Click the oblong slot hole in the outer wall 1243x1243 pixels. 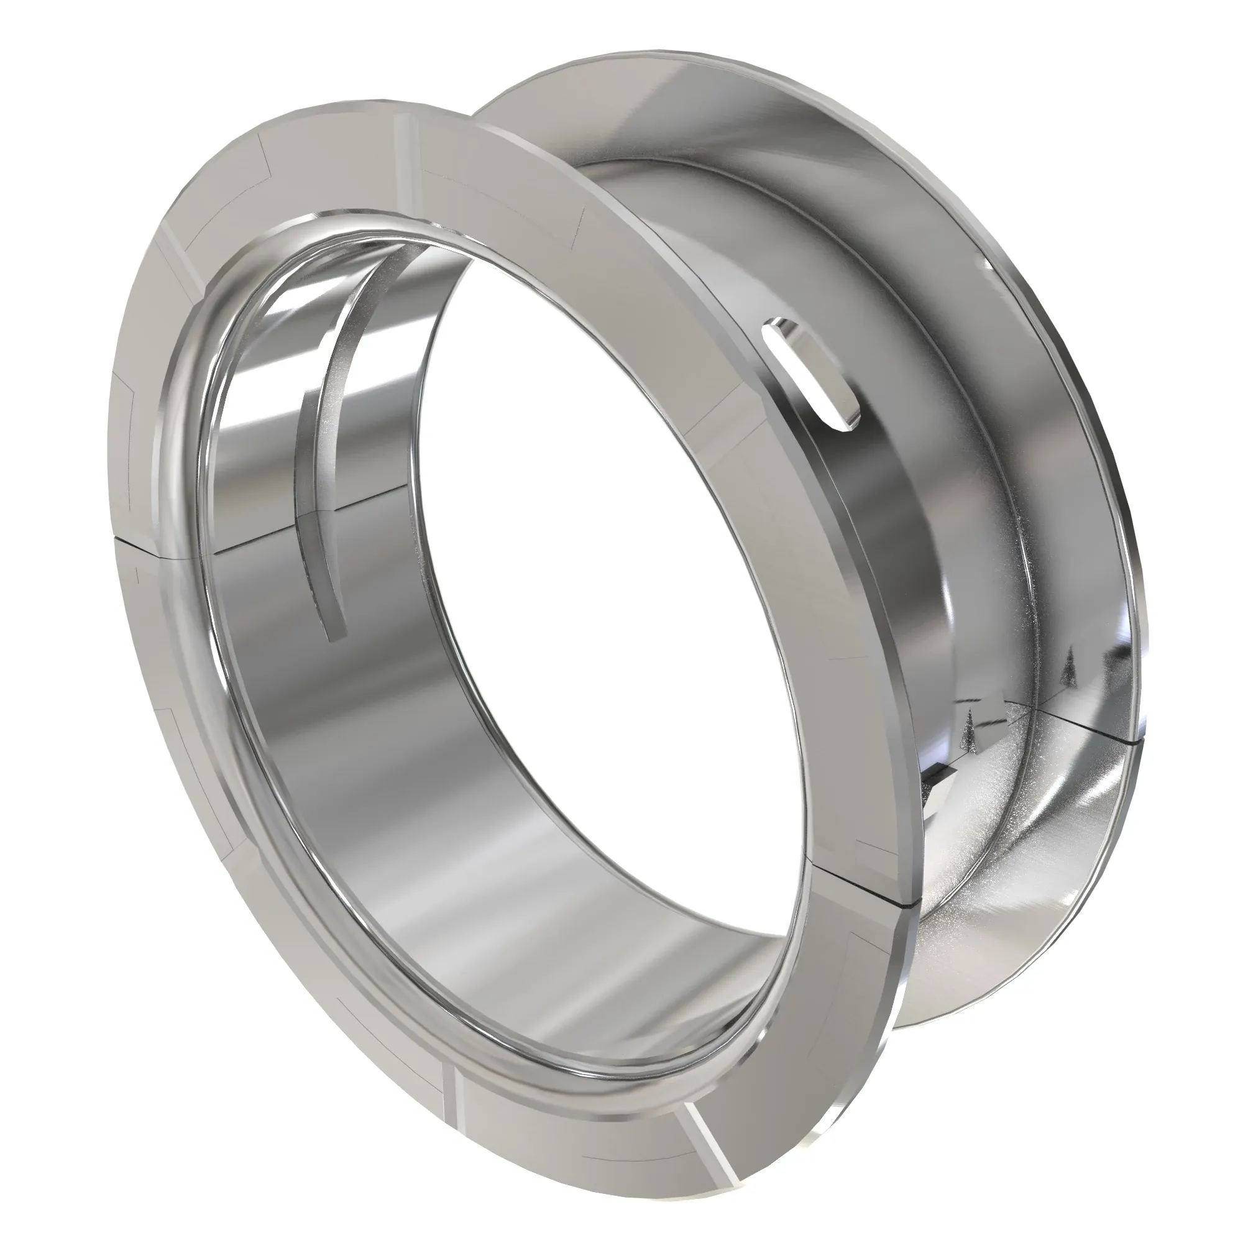tap(810, 372)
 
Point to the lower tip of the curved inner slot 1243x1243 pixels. tap(337, 634)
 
